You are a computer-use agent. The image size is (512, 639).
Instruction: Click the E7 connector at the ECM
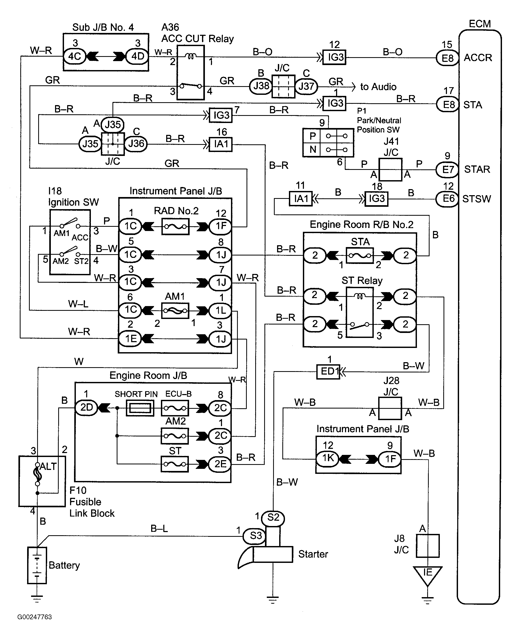coord(447,170)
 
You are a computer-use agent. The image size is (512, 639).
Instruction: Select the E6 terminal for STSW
coord(447,198)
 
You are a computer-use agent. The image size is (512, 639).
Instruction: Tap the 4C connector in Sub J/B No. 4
coord(75,56)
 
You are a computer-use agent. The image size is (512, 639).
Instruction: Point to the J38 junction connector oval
coord(261,86)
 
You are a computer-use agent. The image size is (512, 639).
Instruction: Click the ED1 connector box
coord(328,371)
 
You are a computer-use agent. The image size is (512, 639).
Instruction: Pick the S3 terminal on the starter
coord(255,535)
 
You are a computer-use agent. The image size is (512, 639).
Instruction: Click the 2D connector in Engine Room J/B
coord(86,407)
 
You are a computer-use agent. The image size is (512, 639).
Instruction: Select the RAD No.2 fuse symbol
coord(175,227)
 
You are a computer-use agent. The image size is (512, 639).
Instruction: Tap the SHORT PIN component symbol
coord(140,408)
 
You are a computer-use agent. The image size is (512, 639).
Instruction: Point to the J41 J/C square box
coord(390,170)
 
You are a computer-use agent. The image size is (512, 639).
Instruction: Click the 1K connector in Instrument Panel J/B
coord(328,458)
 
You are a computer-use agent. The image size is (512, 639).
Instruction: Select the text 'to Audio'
coord(378,87)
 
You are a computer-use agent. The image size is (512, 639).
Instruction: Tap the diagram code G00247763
coord(34,617)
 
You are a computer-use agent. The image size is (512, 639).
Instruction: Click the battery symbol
coord(37,565)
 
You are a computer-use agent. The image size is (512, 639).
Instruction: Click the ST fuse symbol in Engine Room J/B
coord(175,464)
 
